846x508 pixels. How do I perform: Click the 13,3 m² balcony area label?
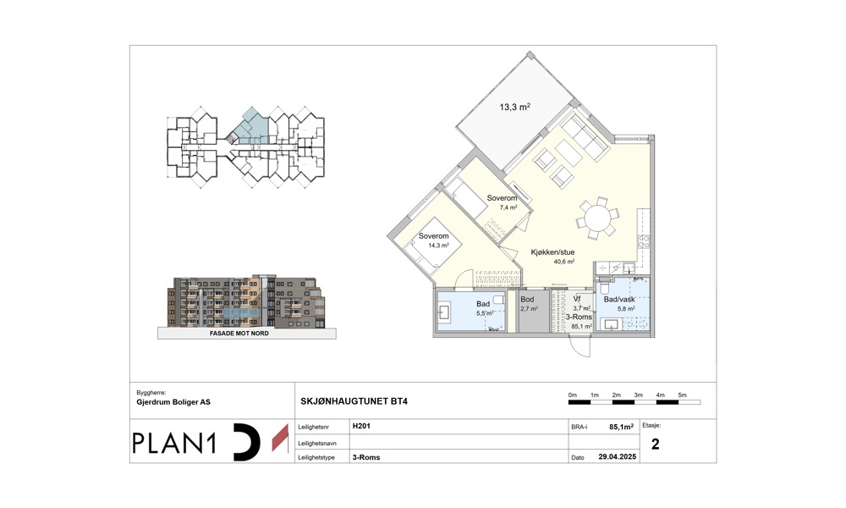(514, 107)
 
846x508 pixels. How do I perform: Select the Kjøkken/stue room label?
(552, 252)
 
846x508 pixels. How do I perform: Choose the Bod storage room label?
(527, 299)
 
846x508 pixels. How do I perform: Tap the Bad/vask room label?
(619, 299)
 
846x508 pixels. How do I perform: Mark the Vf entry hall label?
(577, 299)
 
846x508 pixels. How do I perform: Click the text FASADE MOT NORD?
(239, 334)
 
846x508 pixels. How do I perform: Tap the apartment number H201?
(361, 426)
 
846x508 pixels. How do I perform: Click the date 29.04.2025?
(618, 456)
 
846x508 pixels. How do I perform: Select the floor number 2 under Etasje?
(655, 444)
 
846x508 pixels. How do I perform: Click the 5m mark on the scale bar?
(683, 395)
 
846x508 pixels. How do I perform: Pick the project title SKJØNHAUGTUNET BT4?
(354, 401)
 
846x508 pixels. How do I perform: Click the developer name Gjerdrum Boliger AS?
(173, 402)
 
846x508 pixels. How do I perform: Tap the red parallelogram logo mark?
(280, 438)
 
